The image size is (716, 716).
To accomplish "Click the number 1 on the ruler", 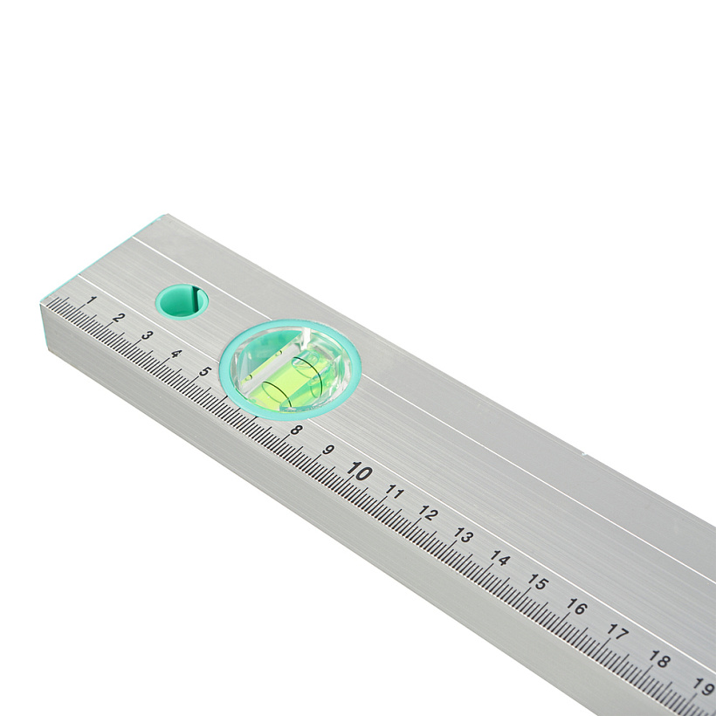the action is click(x=92, y=300).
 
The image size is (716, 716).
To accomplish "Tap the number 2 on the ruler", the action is click(x=119, y=317).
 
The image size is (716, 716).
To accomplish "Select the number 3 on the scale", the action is click(x=147, y=335).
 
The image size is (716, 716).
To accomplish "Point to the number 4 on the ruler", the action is click(x=176, y=354).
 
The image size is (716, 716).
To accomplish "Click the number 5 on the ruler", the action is click(x=205, y=371).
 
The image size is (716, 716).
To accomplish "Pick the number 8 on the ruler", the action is click(x=296, y=430).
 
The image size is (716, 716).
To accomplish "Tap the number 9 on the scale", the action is click(x=327, y=450).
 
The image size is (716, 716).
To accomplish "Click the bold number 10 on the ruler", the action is click(x=360, y=471).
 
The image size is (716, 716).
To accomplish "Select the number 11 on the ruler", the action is click(x=395, y=492).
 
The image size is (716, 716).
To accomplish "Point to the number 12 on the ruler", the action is click(x=429, y=513).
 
